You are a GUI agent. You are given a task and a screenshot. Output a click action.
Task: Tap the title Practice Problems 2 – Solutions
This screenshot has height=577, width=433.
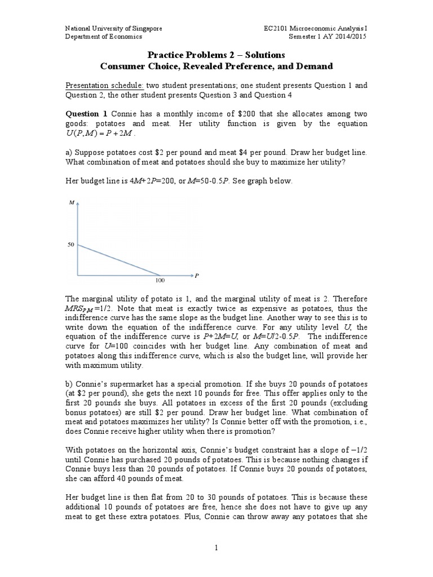pos(216,55)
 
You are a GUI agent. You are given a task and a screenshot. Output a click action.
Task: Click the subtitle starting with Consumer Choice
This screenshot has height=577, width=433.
pos(216,66)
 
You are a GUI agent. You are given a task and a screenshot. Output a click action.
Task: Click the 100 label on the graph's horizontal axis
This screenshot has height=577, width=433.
pos(160,279)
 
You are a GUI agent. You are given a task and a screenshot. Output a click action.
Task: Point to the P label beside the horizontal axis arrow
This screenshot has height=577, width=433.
pos(197,276)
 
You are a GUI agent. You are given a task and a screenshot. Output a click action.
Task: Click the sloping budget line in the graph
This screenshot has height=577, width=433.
pos(118,260)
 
